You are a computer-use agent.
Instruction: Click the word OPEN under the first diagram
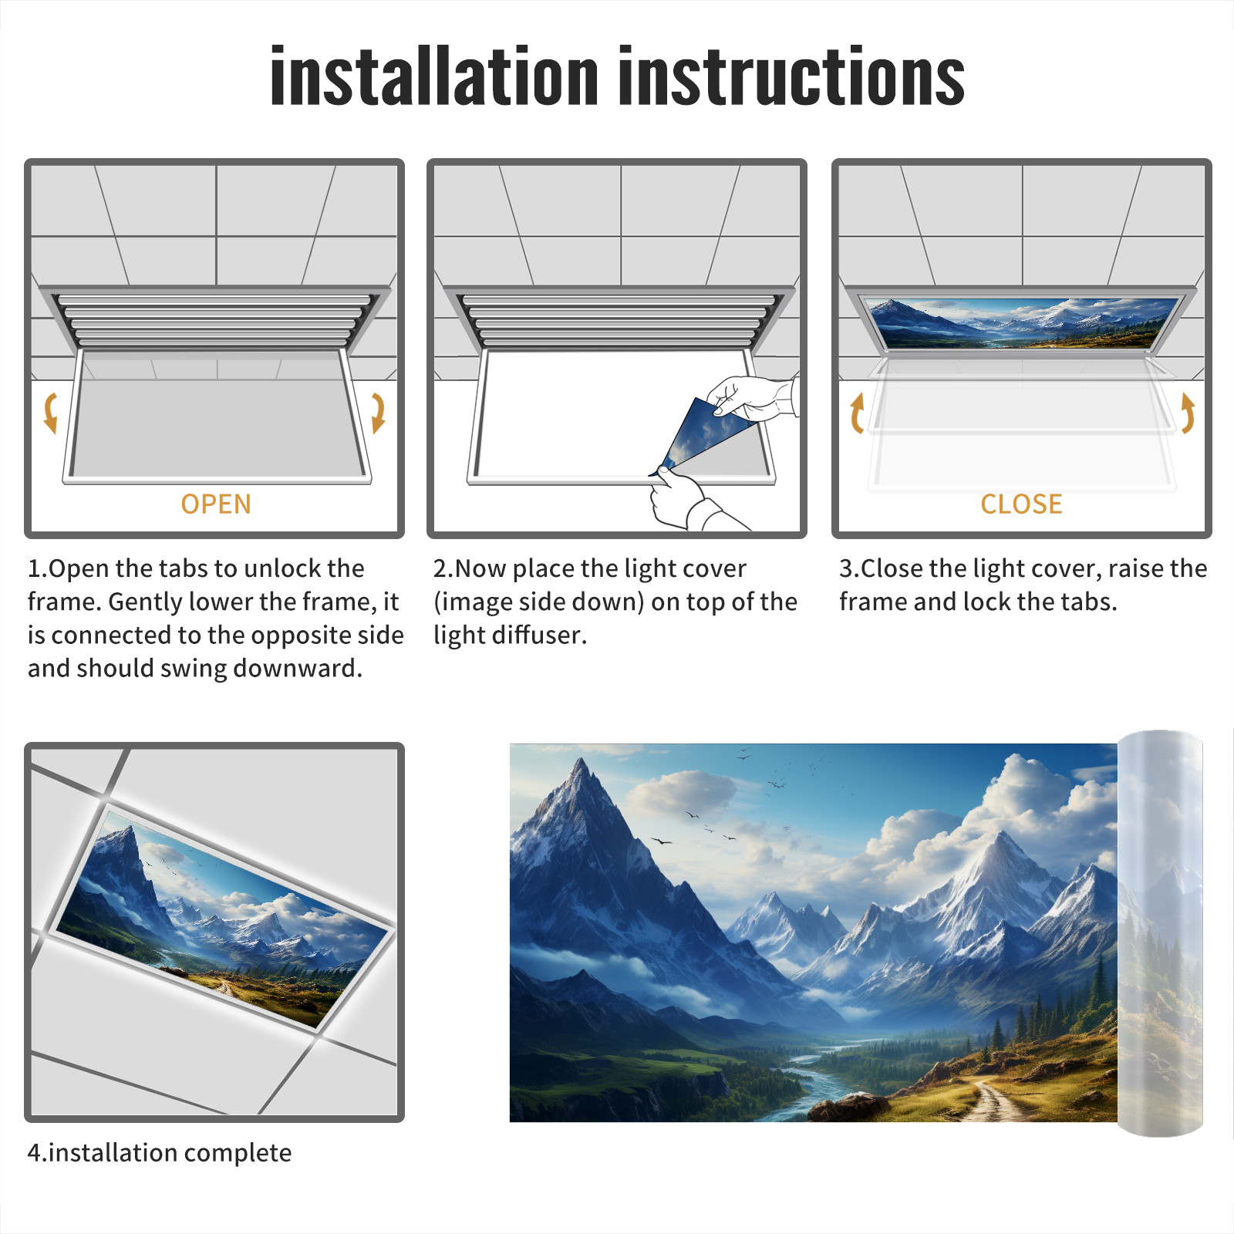tap(216, 504)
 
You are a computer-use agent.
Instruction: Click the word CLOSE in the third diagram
tap(1021, 504)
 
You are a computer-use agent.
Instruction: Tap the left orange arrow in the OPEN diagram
tap(51, 413)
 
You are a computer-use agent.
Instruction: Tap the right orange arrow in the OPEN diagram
tap(378, 413)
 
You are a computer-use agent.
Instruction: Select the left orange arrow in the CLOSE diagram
tap(856, 413)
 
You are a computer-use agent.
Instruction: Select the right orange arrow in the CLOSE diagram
tap(1188, 413)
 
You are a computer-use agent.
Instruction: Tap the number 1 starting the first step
tap(34, 568)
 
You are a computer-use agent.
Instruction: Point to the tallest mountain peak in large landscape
tap(580, 764)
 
